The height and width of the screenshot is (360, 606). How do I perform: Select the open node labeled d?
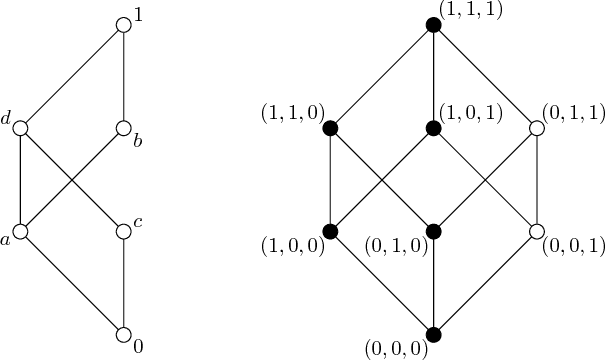(19, 128)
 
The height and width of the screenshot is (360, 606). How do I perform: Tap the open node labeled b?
(123, 128)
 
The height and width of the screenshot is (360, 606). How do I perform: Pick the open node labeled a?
(19, 232)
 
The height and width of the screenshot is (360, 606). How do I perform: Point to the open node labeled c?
(123, 232)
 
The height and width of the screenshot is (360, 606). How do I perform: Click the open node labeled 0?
(123, 335)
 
